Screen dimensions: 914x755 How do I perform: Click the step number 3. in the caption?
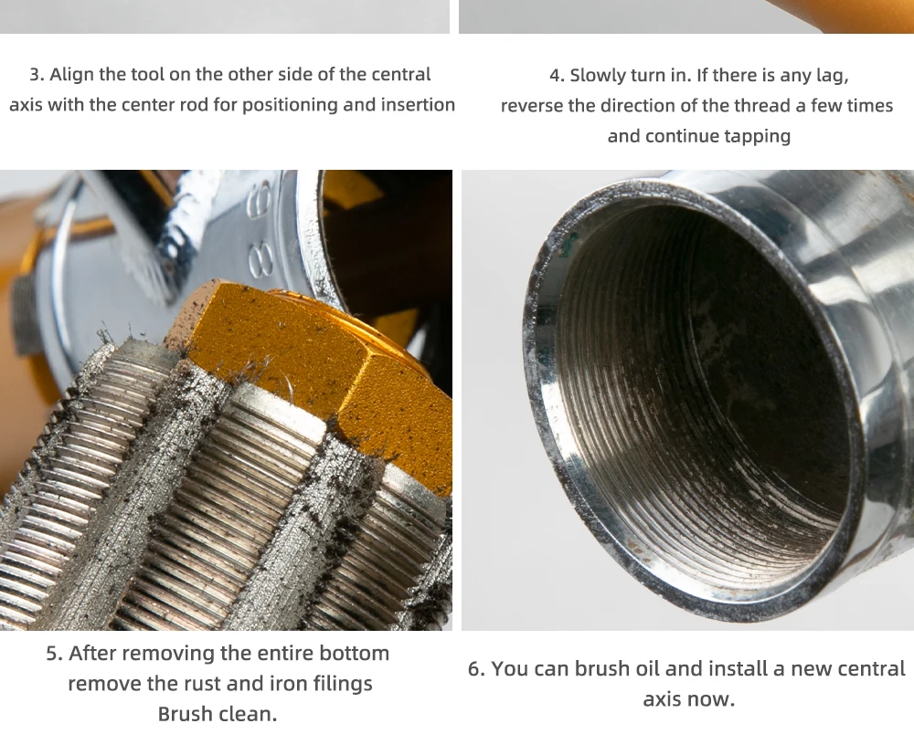(x=37, y=75)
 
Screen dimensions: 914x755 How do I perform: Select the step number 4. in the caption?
(x=557, y=76)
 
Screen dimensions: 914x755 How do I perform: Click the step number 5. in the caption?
(x=54, y=653)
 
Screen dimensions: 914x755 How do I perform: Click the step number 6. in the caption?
(x=476, y=669)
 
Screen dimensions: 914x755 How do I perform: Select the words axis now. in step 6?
(x=689, y=699)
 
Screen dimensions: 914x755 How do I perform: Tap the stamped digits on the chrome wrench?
(x=260, y=233)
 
